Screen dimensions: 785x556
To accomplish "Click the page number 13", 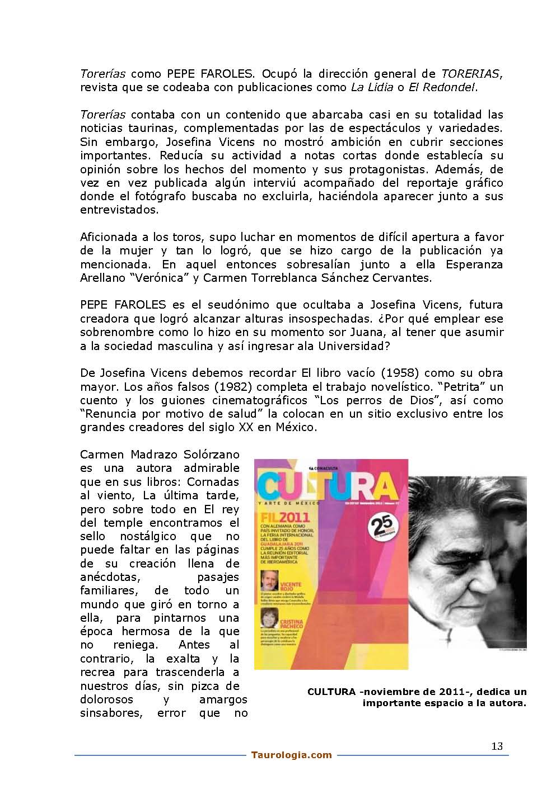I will click(x=497, y=746).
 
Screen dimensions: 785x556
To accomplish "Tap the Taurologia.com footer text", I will click(x=291, y=755).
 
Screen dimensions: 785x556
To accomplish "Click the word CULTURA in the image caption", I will click(x=331, y=692).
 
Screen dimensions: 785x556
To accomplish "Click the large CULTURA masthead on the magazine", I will click(x=330, y=484).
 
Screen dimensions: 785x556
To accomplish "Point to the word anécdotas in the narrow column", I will click(x=111, y=577).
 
